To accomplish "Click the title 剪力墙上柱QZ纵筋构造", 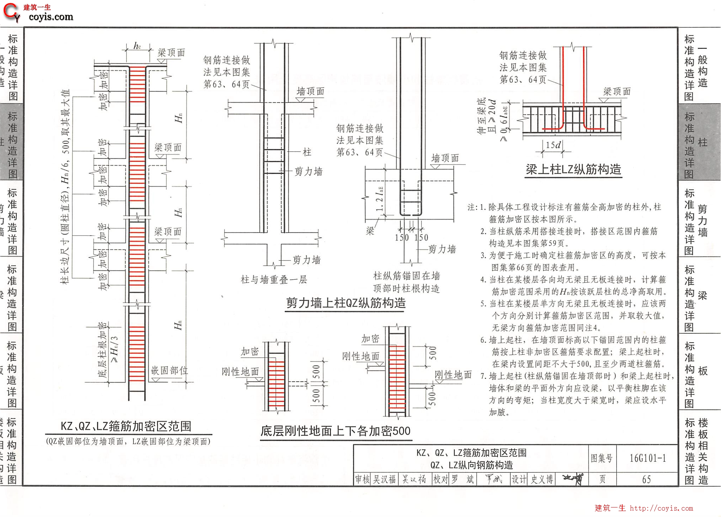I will click(x=346, y=303).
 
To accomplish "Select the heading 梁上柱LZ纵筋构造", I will click(x=573, y=169).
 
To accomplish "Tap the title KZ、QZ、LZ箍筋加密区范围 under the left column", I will click(x=126, y=426).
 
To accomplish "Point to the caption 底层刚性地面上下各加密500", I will click(x=335, y=431).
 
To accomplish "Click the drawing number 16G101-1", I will click(x=647, y=458).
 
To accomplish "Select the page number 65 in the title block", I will click(x=646, y=480).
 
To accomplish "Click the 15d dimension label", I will click(x=553, y=145).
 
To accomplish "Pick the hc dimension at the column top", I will click(x=137, y=46).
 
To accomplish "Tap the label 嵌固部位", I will click(x=169, y=371).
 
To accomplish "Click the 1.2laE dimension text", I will click(x=379, y=199).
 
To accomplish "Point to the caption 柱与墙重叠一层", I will click(x=274, y=280).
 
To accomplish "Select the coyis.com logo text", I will click(x=51, y=17).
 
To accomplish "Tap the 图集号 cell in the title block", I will click(x=601, y=458).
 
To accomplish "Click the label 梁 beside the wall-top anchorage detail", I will click(x=370, y=231).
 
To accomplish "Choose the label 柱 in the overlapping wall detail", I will click(x=307, y=152).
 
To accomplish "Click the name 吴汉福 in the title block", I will click(x=384, y=480).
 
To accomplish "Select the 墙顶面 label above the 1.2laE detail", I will click(x=445, y=158).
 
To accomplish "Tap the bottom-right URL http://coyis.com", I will click(x=661, y=508).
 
